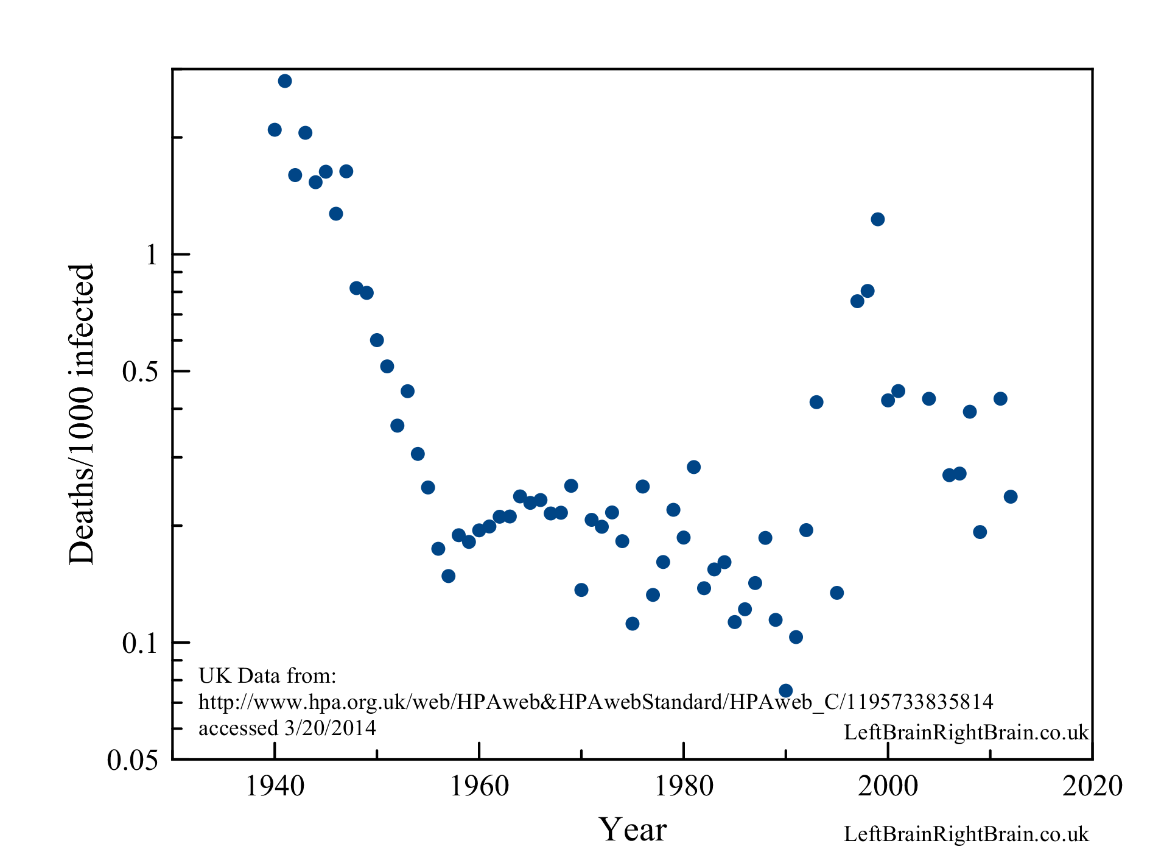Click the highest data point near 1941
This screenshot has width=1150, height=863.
285,81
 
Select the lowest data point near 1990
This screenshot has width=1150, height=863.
785,691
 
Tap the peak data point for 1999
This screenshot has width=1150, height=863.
877,219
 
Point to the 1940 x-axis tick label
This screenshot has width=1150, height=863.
275,786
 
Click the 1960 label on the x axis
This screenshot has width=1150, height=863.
479,786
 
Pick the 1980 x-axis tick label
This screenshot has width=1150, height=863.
684,786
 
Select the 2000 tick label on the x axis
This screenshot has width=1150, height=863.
888,786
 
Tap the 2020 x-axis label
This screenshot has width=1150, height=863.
1092,786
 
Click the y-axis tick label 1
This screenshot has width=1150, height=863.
152,255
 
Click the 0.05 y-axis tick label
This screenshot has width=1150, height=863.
133,760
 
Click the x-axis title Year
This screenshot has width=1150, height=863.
633,830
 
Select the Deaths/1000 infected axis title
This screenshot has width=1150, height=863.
82,414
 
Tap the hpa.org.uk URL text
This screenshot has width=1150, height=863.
595,702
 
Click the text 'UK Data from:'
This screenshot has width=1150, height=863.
267,675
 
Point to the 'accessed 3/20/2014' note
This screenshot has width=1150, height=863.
287,728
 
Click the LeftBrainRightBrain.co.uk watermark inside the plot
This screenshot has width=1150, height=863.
966,732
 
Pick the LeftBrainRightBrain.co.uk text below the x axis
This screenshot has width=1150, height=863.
966,834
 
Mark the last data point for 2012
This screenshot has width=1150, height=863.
1011,496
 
